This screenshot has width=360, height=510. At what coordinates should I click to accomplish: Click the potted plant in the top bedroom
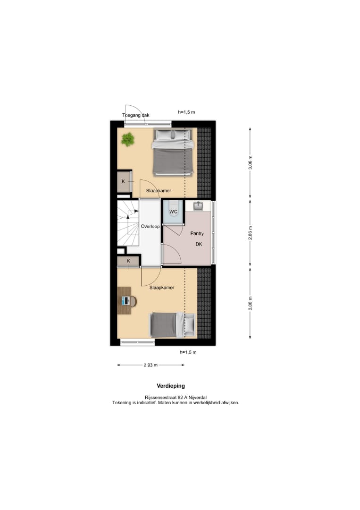[127, 139]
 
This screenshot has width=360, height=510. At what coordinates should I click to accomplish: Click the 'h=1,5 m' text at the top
[186, 112]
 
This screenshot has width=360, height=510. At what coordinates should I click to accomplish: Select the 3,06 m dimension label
[251, 162]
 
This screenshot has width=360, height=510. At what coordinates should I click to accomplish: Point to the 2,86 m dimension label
[251, 232]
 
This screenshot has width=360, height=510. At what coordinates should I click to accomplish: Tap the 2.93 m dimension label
[151, 365]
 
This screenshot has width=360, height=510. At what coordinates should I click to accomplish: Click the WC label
[173, 212]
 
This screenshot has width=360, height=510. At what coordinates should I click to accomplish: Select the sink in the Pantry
[198, 206]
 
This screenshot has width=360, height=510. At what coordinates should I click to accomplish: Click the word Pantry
[197, 233]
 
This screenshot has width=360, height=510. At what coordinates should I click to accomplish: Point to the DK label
[199, 245]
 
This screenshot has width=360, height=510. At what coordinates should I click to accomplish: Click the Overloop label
[151, 227]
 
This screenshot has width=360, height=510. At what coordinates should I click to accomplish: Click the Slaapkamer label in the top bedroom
[159, 191]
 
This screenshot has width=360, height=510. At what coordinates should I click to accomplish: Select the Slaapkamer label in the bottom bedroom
[162, 287]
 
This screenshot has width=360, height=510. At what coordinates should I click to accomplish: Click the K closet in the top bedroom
[124, 181]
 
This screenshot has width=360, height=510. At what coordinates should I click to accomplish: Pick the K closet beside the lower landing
[128, 261]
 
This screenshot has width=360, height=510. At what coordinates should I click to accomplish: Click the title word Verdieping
[171, 386]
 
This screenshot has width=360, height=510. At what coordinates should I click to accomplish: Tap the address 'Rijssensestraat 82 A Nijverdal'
[176, 398]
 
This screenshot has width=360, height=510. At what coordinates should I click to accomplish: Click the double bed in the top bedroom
[173, 152]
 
